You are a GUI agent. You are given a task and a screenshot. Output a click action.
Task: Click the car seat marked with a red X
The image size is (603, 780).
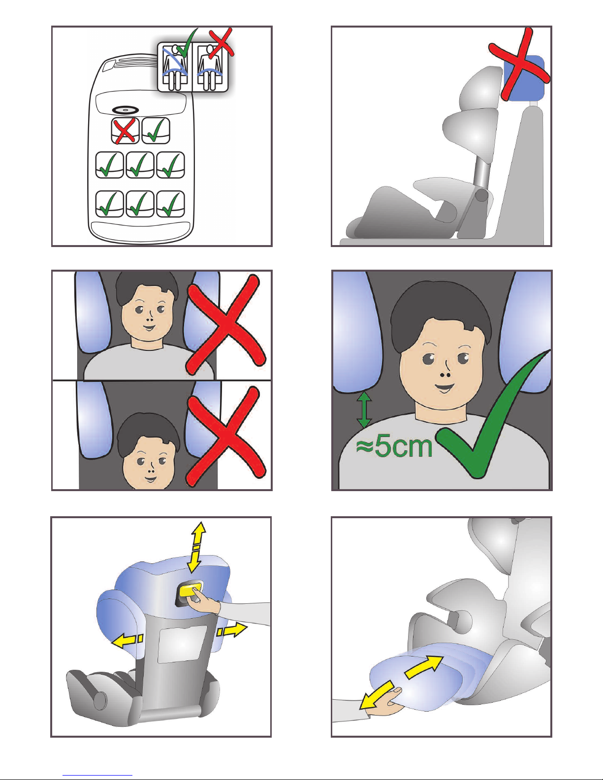click(x=125, y=131)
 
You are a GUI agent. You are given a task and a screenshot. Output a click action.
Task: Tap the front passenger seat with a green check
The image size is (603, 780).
click(x=156, y=131)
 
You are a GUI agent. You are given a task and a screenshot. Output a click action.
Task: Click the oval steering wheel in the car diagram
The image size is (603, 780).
click(x=126, y=110)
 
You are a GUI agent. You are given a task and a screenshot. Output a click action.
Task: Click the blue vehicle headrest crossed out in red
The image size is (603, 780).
click(x=524, y=77)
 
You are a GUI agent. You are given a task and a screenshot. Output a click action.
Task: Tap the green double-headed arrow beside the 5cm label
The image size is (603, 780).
click(x=365, y=409)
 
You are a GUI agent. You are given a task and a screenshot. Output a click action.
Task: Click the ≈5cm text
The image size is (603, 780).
click(x=394, y=447)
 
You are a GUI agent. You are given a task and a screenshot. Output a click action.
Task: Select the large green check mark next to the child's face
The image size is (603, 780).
click(x=493, y=414)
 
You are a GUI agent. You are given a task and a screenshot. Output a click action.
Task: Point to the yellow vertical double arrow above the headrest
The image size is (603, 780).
click(x=197, y=547)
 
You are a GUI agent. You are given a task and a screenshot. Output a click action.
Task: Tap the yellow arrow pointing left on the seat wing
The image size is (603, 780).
click(x=127, y=640)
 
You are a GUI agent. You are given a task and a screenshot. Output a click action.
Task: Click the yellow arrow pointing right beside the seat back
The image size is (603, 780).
click(x=231, y=630)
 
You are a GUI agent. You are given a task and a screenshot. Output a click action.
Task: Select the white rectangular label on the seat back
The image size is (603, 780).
click(x=182, y=644)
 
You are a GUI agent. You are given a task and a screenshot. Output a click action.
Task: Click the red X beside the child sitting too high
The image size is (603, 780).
click(x=226, y=325)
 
